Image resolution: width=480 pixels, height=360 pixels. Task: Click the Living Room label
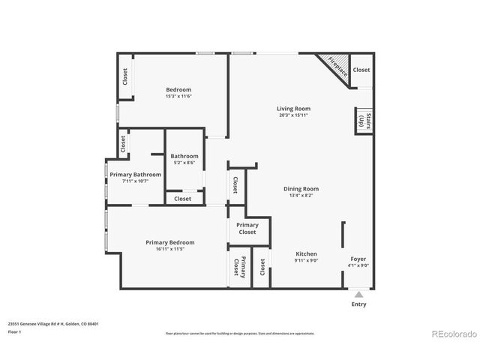(x=292, y=109)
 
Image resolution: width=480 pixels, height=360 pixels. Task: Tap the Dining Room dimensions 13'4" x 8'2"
(x=301, y=196)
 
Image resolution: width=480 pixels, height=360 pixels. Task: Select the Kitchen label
(x=306, y=254)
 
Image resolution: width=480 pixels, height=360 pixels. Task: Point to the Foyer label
(x=358, y=259)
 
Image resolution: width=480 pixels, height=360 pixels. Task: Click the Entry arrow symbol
(x=359, y=294)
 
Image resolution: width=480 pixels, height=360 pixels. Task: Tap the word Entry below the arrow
(x=359, y=304)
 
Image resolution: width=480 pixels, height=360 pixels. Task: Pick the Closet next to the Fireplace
(x=361, y=70)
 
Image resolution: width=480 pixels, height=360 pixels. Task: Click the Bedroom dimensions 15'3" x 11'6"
(x=178, y=96)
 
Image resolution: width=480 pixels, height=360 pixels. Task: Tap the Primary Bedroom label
(x=170, y=242)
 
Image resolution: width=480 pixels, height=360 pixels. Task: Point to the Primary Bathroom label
(x=135, y=174)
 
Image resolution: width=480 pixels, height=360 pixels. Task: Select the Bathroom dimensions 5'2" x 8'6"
(x=184, y=163)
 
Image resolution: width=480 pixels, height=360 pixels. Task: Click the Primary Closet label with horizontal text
(x=247, y=228)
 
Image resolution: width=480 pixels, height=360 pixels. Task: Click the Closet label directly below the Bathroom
(x=182, y=199)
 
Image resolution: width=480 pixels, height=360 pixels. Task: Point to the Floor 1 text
(x=14, y=331)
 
